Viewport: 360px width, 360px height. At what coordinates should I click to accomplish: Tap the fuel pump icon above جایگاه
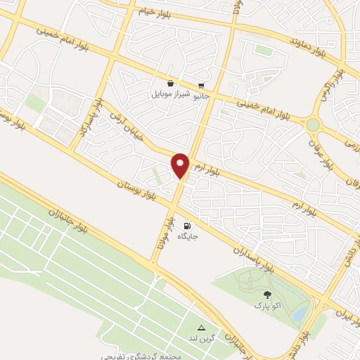coord(187,226)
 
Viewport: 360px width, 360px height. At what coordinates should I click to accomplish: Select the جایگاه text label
coord(187,237)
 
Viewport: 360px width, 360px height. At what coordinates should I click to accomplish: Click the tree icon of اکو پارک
coord(266,295)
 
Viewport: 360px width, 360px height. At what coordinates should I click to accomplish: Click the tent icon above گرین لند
coord(202,328)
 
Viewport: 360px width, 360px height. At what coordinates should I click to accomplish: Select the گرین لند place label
coord(202,339)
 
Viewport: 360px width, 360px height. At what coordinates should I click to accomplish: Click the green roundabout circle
coord(313,124)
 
